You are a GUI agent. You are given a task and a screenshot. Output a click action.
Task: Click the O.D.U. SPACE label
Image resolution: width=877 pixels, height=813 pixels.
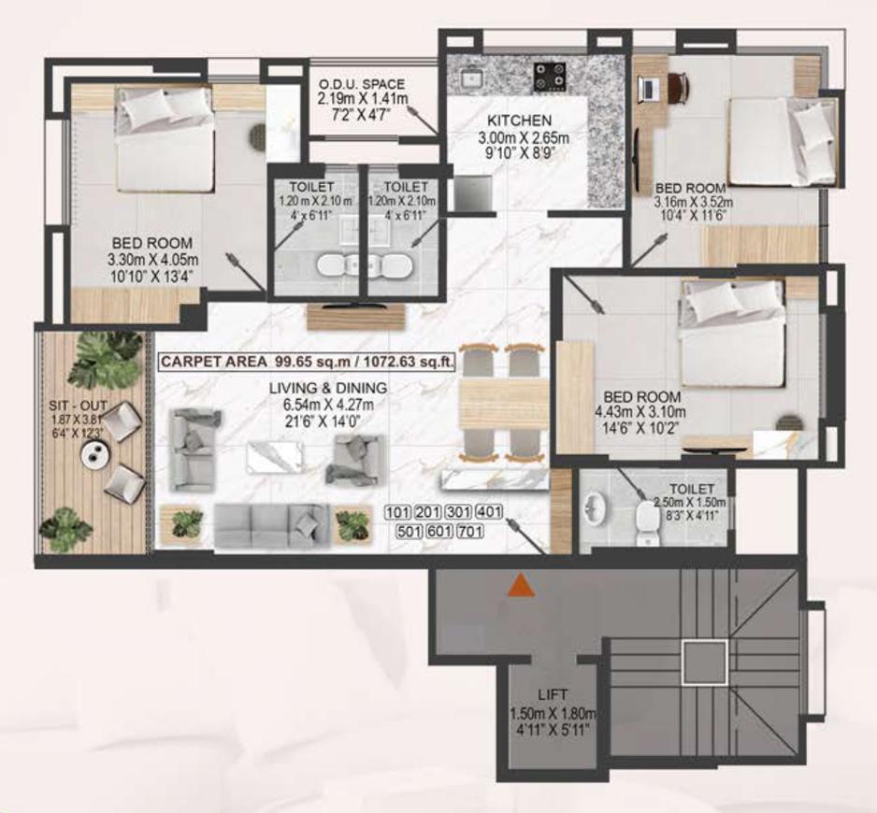363,82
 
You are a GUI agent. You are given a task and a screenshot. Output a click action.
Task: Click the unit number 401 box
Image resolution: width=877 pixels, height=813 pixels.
489,512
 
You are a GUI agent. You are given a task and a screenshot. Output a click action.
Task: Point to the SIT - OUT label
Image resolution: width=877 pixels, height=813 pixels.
79,406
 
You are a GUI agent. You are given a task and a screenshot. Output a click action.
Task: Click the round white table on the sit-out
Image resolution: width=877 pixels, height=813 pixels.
96,453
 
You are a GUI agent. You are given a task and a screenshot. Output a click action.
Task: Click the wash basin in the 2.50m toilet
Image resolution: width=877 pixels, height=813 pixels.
597,512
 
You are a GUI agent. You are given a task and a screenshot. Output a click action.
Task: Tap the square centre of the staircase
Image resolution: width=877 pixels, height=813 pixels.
704,663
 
